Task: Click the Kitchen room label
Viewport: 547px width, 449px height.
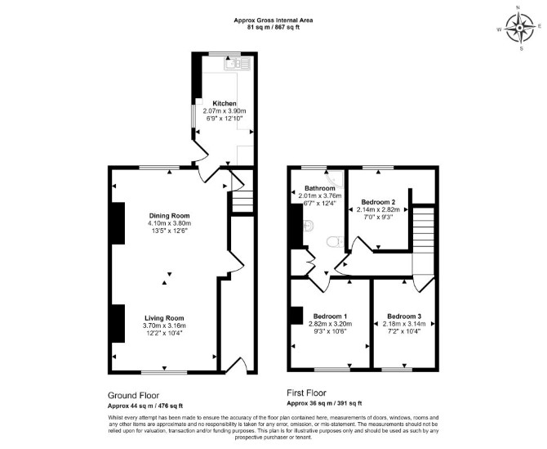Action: pos(225,103)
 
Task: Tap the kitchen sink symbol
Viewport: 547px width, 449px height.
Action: pos(238,64)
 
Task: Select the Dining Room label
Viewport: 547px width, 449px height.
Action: pos(170,216)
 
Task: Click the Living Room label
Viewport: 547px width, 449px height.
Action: pos(164,318)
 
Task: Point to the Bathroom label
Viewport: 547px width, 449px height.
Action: pos(320,188)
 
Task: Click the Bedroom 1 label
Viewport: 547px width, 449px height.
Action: pos(330,317)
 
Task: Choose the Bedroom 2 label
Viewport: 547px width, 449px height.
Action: pos(378,202)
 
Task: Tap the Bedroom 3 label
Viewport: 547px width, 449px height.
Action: pos(404,317)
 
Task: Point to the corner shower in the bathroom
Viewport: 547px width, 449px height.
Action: pos(336,178)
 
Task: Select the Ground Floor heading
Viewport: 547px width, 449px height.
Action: pos(133,396)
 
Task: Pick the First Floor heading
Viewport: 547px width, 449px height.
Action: pos(307,393)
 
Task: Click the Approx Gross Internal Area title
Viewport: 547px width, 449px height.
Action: pos(273,20)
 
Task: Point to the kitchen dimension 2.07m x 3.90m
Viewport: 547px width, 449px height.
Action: pos(225,111)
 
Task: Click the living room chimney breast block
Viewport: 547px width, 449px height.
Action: pos(118,323)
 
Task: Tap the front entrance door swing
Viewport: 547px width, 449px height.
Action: pos(237,367)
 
